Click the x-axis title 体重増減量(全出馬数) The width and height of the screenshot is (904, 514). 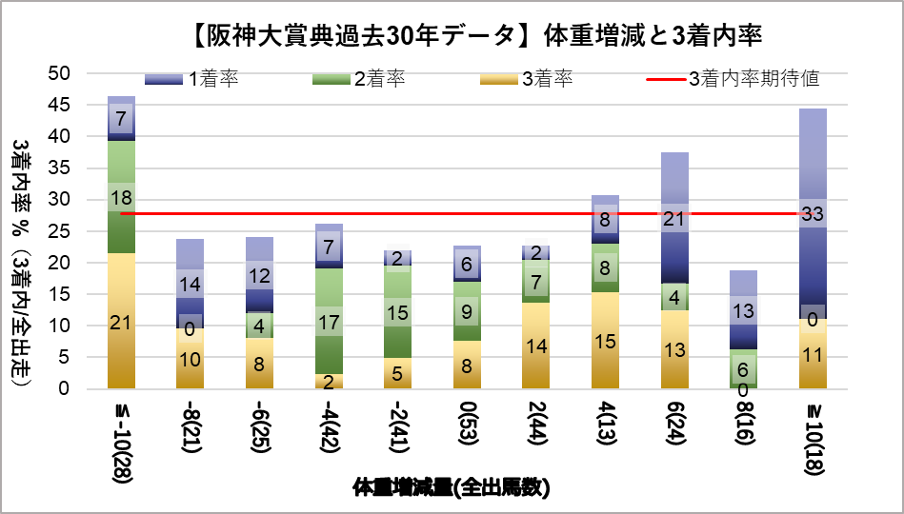452,488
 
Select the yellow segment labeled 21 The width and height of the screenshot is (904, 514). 121,321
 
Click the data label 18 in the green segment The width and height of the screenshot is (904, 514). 121,198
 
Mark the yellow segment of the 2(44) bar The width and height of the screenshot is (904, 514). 536,346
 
